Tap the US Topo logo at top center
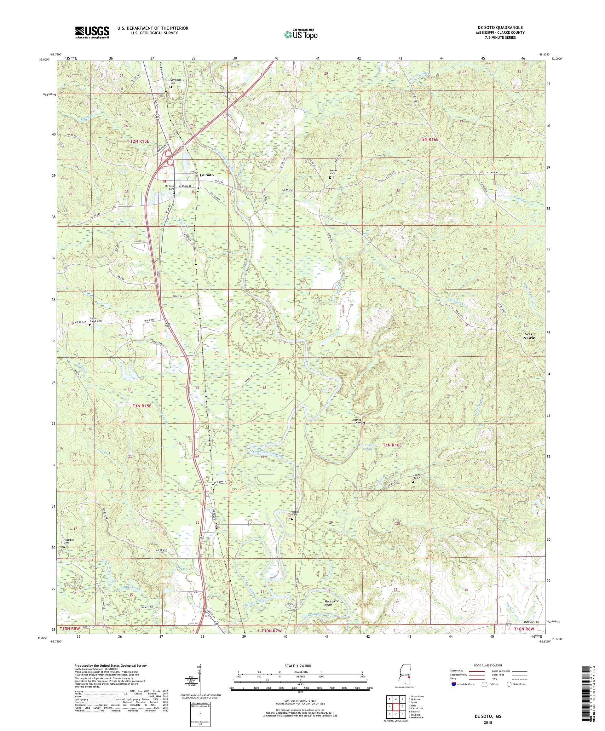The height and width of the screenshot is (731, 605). [301, 34]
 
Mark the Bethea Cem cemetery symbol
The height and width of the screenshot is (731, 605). [364, 423]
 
